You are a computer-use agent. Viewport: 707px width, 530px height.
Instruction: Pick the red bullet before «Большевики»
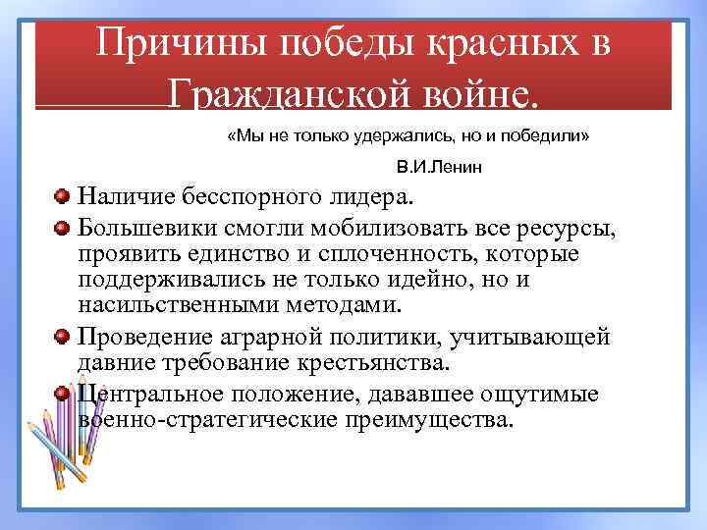(62, 229)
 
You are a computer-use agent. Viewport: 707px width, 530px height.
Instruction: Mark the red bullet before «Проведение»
(62, 337)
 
